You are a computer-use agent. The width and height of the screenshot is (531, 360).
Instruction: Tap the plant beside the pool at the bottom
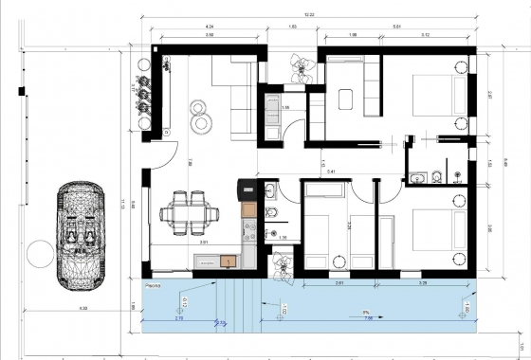pyautogui.click(x=282, y=265)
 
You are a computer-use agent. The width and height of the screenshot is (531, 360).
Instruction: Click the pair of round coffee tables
pyautogui.click(x=202, y=117)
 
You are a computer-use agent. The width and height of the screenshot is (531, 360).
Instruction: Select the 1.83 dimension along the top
pyautogui.click(x=292, y=27)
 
